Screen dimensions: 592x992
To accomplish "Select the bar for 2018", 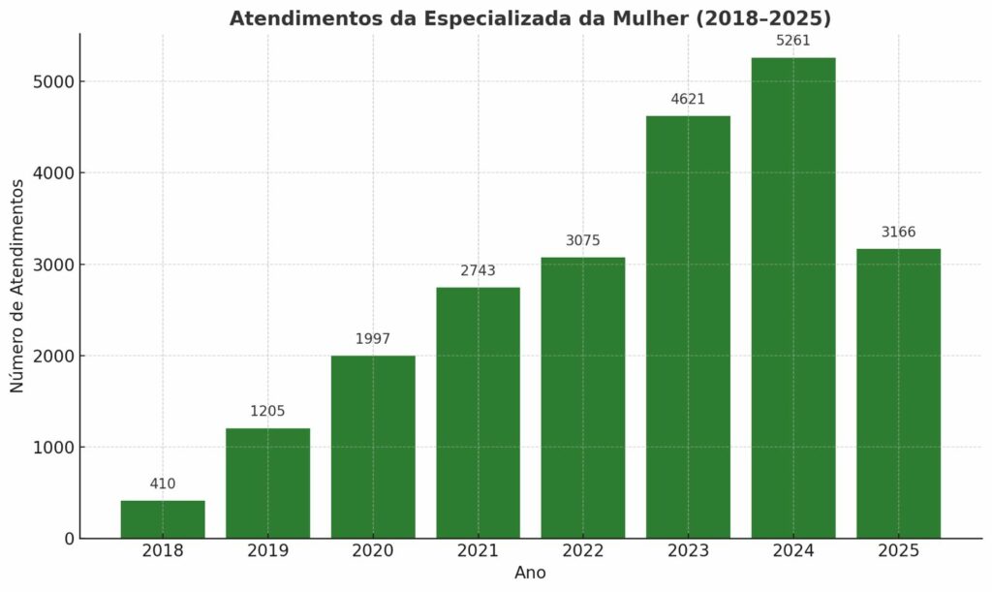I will pyautogui.click(x=163, y=518).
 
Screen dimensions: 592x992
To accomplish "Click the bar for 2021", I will pyautogui.click(x=478, y=412).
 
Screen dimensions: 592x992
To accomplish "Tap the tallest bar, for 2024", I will pyautogui.click(x=793, y=297).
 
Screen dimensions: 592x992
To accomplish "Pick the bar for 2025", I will pyautogui.click(x=898, y=392).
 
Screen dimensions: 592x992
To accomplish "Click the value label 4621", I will pyautogui.click(x=688, y=99).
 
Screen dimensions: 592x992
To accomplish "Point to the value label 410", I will pyautogui.click(x=163, y=483).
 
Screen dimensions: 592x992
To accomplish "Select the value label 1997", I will pyautogui.click(x=373, y=338).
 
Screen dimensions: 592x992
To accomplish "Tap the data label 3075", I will pyautogui.click(x=583, y=240).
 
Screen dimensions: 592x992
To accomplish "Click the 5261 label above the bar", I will pyautogui.click(x=793, y=41).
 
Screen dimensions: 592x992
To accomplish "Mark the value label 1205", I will pyautogui.click(x=267, y=411).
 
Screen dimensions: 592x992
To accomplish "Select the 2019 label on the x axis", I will pyautogui.click(x=267, y=551).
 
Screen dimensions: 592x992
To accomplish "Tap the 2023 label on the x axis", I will pyautogui.click(x=688, y=551).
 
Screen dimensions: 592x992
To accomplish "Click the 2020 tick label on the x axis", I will pyautogui.click(x=373, y=551).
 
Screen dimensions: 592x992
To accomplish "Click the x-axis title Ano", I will pyautogui.click(x=530, y=573).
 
